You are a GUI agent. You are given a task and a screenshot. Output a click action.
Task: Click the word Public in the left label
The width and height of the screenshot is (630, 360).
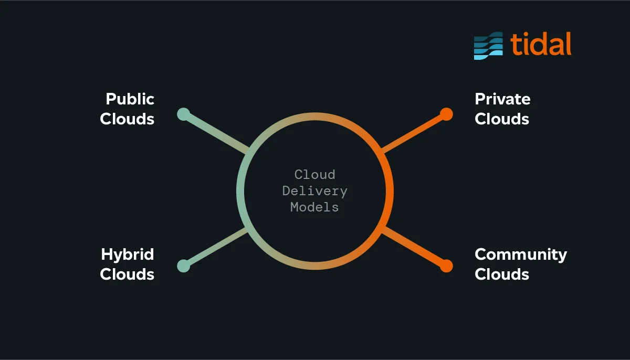(130, 99)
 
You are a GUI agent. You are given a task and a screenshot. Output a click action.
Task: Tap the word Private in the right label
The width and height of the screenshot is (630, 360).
(502, 99)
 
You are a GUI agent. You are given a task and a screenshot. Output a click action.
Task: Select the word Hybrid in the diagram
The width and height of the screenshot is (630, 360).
(127, 255)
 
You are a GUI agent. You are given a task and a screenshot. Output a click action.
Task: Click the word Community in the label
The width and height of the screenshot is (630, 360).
(520, 255)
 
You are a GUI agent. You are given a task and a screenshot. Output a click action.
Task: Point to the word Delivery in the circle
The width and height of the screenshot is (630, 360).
(314, 191)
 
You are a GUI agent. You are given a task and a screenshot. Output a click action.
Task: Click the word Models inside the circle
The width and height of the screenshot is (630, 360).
(314, 207)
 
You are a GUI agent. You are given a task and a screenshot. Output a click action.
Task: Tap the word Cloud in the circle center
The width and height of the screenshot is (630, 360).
(314, 174)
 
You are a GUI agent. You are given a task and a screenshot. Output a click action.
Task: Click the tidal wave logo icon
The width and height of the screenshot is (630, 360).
(488, 46)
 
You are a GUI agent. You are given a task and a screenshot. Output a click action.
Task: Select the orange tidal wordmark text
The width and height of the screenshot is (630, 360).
(541, 44)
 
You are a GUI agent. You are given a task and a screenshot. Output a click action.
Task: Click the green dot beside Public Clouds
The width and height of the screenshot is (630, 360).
(183, 114)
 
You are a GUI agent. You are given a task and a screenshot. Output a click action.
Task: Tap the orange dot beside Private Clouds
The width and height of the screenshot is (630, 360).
(446, 114)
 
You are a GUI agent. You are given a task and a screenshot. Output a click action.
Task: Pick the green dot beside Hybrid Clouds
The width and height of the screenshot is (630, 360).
(183, 266)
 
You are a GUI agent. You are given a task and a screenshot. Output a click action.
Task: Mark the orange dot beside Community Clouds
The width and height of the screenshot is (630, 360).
(446, 266)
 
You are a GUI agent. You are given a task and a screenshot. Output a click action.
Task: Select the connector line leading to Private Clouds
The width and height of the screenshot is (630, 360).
(414, 133)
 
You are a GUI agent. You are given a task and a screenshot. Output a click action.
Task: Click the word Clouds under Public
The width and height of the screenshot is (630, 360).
(127, 119)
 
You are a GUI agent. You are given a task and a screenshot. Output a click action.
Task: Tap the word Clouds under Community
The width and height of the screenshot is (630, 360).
(501, 274)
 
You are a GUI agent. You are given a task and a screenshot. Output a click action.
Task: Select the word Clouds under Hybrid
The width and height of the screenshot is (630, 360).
(127, 274)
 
